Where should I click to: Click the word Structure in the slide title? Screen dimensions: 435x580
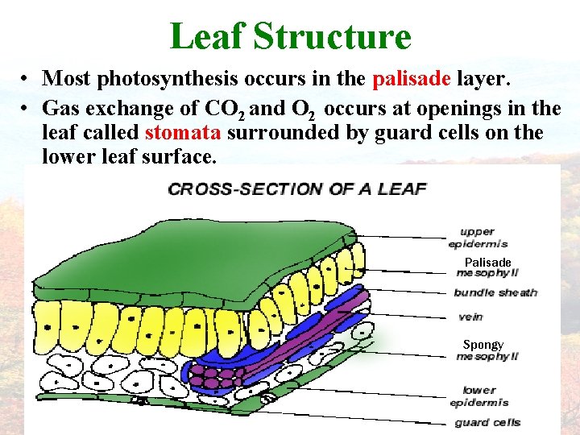[x=332, y=36]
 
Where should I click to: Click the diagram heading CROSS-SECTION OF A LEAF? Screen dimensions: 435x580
[x=296, y=189]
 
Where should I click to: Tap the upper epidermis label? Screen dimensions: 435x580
[x=478, y=238]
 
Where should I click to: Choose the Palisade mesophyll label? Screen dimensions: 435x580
[x=487, y=267]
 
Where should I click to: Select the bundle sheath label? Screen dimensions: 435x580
[x=495, y=292]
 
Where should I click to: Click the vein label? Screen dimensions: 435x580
[x=470, y=317]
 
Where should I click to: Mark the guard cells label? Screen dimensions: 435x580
[x=487, y=422]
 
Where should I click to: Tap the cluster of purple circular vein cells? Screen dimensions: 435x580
[x=216, y=374]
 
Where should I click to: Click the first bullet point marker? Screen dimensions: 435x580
[x=27, y=79]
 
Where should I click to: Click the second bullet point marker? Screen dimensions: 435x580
[x=27, y=107]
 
